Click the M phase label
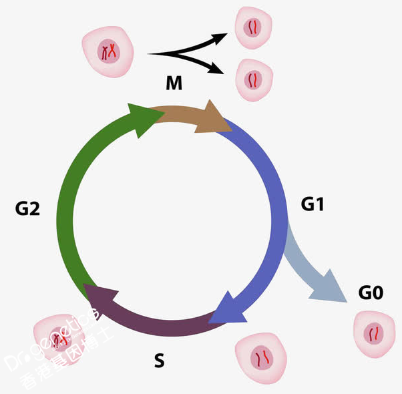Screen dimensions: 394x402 174,83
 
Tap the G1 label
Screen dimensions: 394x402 312,204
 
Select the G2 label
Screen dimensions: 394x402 28,209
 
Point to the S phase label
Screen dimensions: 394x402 159,361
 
